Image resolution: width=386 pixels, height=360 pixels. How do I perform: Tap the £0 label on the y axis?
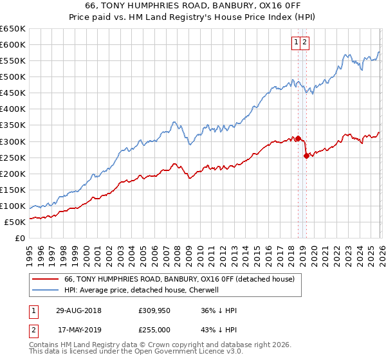click(21, 238)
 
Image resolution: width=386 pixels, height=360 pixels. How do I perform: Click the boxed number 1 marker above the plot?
click(297, 42)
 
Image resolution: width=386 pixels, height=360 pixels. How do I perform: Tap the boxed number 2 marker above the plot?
click(305, 42)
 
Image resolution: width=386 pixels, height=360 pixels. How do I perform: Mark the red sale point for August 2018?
click(298, 138)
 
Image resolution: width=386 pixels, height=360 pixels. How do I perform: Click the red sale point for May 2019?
click(306, 156)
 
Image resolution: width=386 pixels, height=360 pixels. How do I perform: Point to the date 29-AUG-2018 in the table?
click(78, 310)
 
